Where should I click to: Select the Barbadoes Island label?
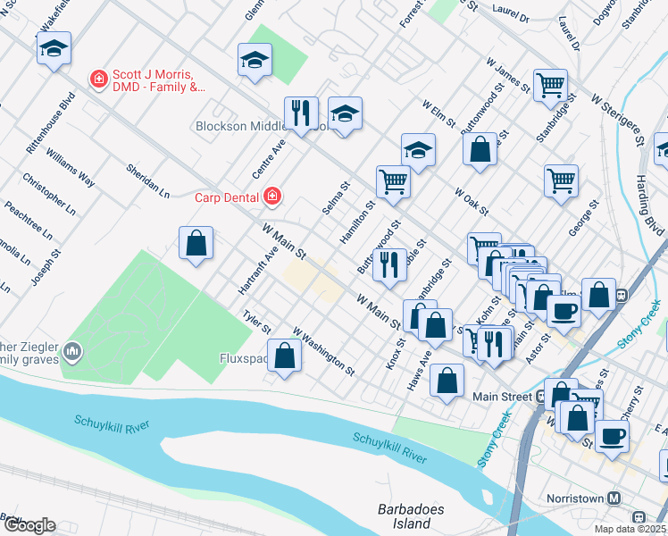click(405, 516)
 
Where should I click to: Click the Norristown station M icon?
click(614, 498)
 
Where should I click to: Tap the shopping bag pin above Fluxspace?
click(284, 356)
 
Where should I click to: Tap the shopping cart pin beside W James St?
click(550, 85)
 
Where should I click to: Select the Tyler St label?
click(256, 322)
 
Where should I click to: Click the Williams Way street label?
click(71, 167)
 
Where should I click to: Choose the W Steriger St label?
click(615, 121)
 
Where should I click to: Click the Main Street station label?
click(502, 397)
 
